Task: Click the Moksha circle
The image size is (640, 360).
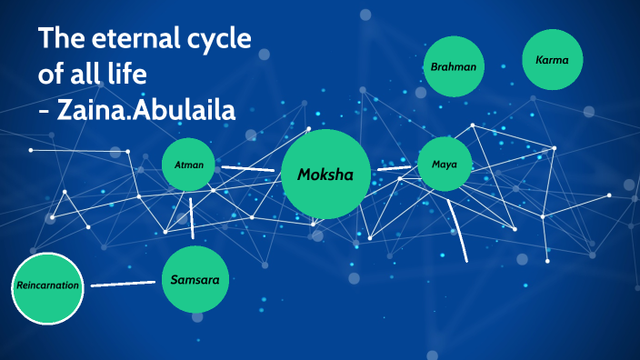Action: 325,174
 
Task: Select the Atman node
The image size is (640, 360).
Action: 189,165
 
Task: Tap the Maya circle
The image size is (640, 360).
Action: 445,165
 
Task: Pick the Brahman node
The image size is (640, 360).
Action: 454,67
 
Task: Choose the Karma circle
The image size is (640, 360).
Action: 553,60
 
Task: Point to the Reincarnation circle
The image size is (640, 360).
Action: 47,285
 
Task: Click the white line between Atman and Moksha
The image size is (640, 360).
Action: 247,168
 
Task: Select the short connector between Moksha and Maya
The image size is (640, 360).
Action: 393,168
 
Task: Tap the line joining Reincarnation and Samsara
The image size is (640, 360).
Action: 124,284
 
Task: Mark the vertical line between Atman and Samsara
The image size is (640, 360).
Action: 192,217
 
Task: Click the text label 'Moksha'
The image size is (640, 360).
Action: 325,174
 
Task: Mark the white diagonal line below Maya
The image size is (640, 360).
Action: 459,233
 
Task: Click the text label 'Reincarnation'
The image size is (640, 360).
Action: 47,285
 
